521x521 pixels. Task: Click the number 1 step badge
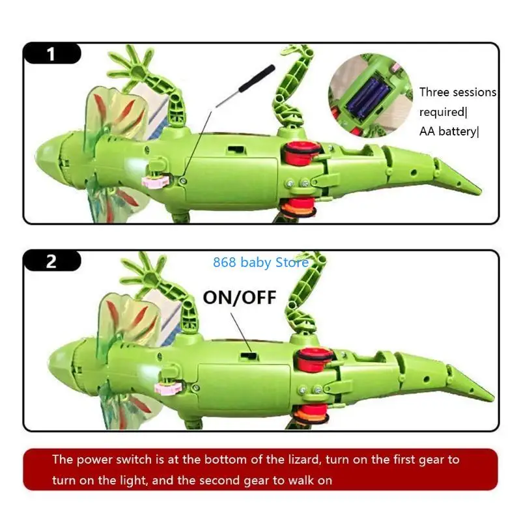[51, 54]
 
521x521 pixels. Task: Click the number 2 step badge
[51, 262]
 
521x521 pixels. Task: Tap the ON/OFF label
[240, 298]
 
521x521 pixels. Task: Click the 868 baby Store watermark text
[260, 263]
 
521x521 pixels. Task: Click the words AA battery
[448, 132]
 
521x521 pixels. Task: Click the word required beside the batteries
[438, 112]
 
